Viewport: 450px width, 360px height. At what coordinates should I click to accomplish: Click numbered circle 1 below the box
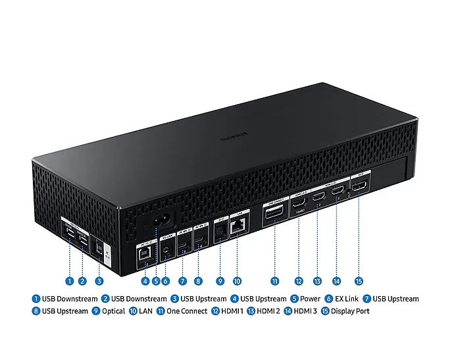pyautogui.click(x=69, y=281)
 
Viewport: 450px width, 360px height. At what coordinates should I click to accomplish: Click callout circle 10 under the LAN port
pyautogui.click(x=237, y=281)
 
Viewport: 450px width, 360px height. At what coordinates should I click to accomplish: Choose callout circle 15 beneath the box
pyautogui.click(x=359, y=281)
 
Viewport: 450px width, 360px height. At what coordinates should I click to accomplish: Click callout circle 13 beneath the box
pyautogui.click(x=317, y=281)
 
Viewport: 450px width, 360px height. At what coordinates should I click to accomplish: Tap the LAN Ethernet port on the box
pyautogui.click(x=238, y=226)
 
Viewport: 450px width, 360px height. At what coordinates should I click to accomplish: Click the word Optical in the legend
pyautogui.click(x=113, y=311)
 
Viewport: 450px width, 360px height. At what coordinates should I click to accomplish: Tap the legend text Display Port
pyautogui.click(x=351, y=311)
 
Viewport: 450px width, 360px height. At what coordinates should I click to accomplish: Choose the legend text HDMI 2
pyautogui.click(x=268, y=311)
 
